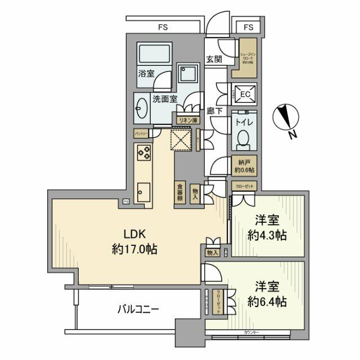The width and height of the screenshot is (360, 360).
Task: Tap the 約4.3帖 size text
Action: pyautogui.click(x=267, y=236)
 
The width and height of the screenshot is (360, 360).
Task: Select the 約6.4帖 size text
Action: pyautogui.click(x=267, y=301)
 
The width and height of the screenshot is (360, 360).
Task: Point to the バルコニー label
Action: pyautogui.click(x=138, y=309)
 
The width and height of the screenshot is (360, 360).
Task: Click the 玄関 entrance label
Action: pyautogui.click(x=213, y=60)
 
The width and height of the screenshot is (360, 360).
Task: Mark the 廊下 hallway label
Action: pyautogui.click(x=213, y=111)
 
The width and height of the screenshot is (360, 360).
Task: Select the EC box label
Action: pyautogui.click(x=245, y=94)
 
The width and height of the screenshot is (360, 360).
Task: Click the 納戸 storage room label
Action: pyautogui.click(x=245, y=164)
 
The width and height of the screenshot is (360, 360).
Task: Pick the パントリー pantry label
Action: pyautogui.click(x=141, y=134)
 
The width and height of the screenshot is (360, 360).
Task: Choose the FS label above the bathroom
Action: pyautogui.click(x=163, y=26)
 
